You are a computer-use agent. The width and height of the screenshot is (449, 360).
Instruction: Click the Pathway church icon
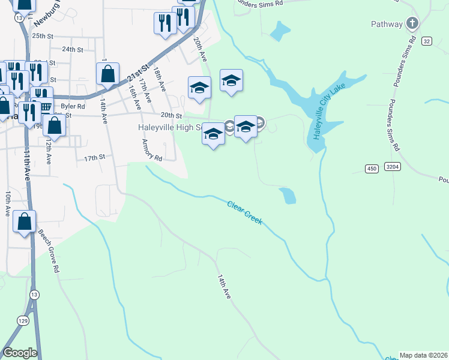412,24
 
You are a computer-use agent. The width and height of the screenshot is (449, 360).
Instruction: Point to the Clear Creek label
245,213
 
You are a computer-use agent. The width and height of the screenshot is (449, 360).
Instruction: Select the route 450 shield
371,169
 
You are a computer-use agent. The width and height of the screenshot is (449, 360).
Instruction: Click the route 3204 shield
393,166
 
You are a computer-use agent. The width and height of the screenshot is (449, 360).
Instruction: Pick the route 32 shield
426,41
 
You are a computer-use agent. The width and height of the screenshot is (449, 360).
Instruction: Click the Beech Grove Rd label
49,251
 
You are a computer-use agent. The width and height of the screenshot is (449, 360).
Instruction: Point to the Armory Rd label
152,150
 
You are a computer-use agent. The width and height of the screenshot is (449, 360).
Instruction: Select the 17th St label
94,157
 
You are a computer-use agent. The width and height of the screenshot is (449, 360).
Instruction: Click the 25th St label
43,36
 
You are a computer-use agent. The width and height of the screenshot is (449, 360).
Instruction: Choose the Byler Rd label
73,105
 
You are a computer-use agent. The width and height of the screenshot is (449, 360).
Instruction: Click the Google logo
20,353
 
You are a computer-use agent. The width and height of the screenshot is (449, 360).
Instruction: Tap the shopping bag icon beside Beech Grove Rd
24,221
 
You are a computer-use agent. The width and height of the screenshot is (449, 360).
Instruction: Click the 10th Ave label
8,204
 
